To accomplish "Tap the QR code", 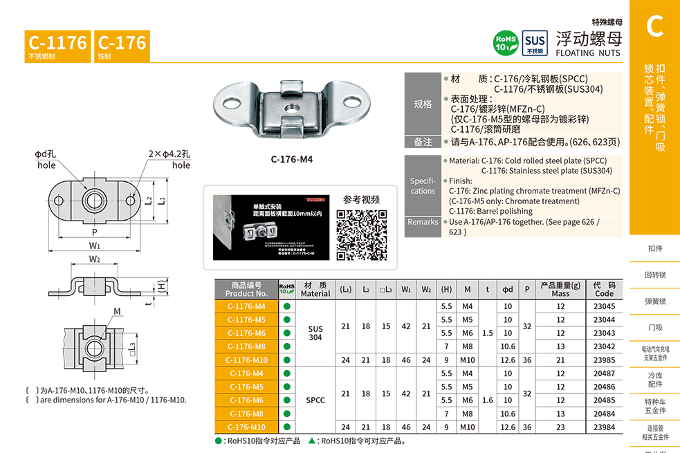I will [x=361, y=233].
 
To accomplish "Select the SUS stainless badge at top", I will [x=535, y=41].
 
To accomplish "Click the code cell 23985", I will [x=604, y=360].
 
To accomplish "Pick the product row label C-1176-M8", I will [x=246, y=346].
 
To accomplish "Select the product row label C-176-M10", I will [x=246, y=427].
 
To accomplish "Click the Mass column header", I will [x=560, y=289].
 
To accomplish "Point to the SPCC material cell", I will [x=315, y=400].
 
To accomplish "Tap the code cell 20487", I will [x=604, y=373].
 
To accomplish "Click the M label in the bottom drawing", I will [x=118, y=311].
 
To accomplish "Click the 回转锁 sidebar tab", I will [x=655, y=275].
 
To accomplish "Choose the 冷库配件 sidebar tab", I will [x=655, y=379].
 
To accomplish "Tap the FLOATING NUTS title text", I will [x=589, y=53].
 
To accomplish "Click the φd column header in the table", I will [x=508, y=289].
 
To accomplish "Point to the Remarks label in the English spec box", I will [x=423, y=222].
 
